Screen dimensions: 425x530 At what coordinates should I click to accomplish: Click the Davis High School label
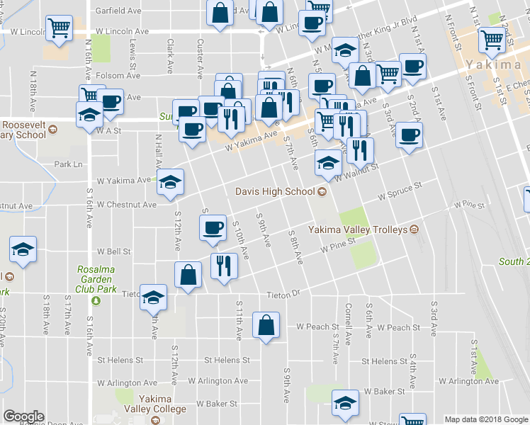pyautogui.click(x=276, y=191)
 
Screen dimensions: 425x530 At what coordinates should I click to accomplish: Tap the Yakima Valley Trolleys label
pyautogui.click(x=357, y=229)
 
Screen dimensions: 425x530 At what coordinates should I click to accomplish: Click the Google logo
pyautogui.click(x=24, y=416)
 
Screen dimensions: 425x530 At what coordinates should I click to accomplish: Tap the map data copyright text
pyautogui.click(x=485, y=419)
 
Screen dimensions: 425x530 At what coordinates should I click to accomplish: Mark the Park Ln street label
pyautogui.click(x=68, y=164)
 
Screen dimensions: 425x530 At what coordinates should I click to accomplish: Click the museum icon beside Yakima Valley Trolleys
pyautogui.click(x=415, y=229)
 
